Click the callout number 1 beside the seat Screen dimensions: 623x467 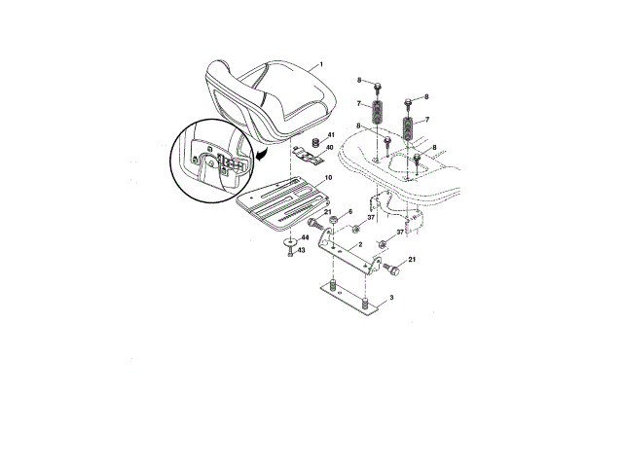pyautogui.click(x=321, y=65)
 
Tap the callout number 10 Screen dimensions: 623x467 pyautogui.click(x=328, y=177)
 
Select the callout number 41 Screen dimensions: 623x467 pyautogui.click(x=331, y=135)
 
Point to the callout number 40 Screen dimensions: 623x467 pyautogui.click(x=329, y=147)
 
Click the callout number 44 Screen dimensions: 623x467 pyautogui.click(x=305, y=237)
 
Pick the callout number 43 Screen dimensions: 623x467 pyautogui.click(x=302, y=250)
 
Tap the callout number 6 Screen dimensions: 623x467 pyautogui.click(x=350, y=212)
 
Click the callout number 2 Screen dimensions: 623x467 pyautogui.click(x=360, y=244)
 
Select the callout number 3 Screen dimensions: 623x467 pyautogui.click(x=391, y=297)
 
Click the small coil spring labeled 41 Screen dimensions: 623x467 pyautogui.click(x=315, y=143)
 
